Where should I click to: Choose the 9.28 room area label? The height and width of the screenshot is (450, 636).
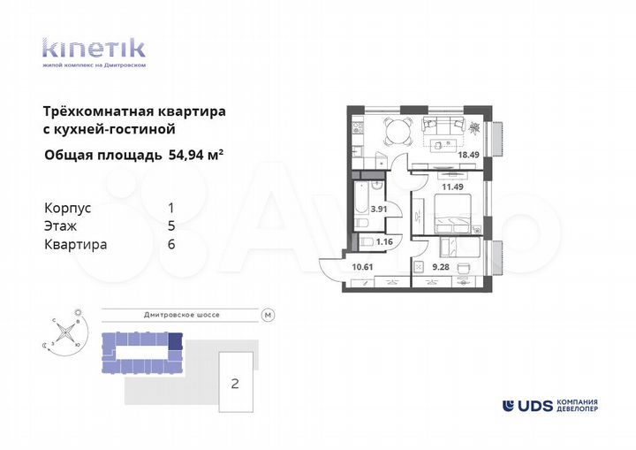[442, 265]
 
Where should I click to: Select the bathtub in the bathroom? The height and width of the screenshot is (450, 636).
[360, 206]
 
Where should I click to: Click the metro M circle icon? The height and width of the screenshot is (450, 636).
[268, 315]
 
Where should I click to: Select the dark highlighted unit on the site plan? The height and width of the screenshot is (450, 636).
[175, 339]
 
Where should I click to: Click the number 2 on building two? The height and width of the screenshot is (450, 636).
[235, 383]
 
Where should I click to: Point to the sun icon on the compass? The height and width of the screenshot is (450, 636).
[78, 311]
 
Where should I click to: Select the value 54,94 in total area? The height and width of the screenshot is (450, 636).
[185, 156]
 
